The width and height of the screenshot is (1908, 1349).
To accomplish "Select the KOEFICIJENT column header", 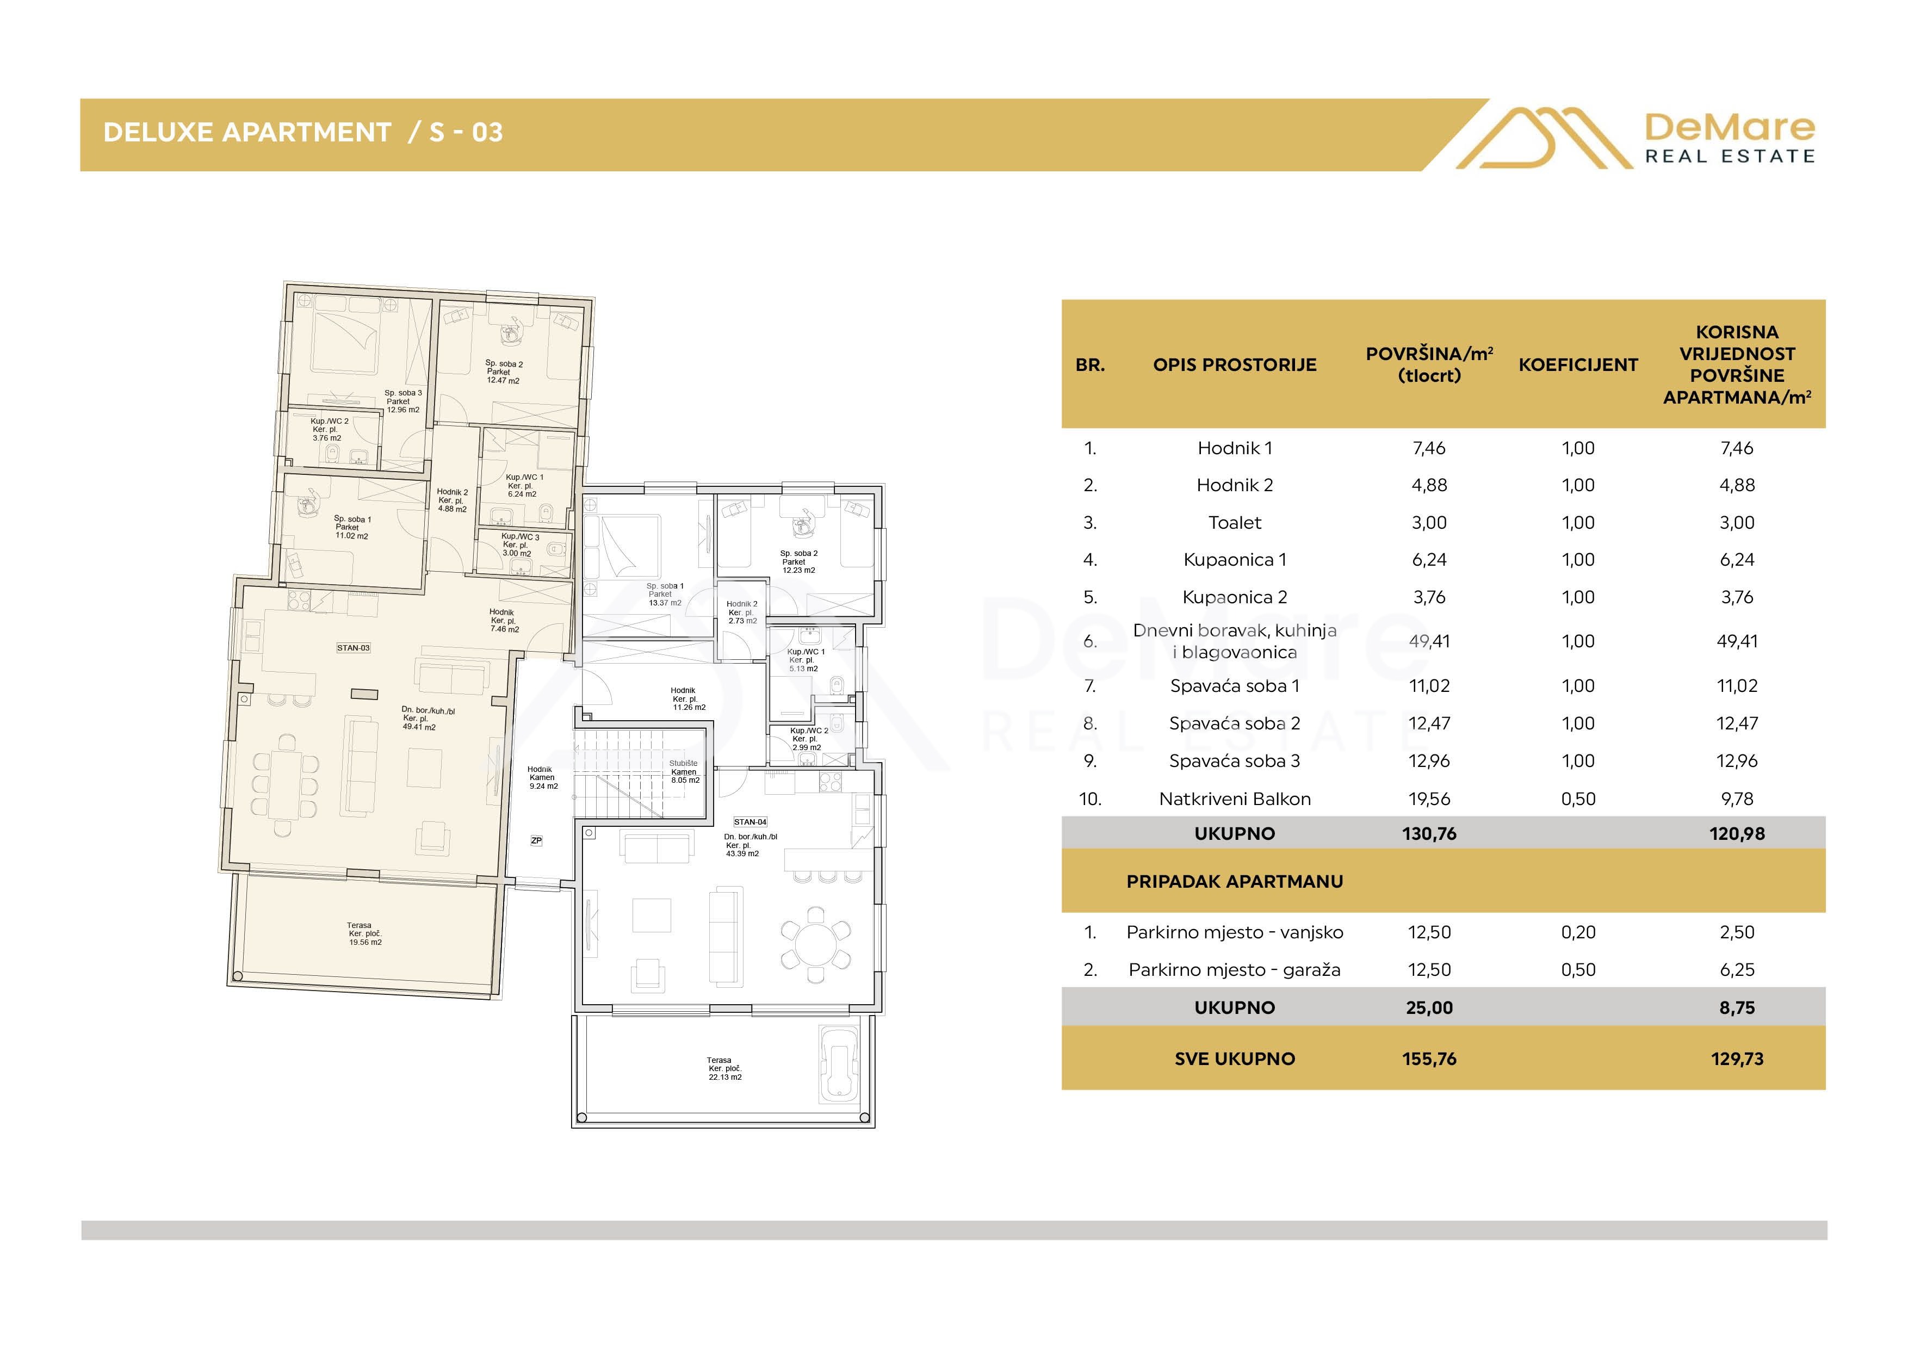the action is (x=1578, y=365).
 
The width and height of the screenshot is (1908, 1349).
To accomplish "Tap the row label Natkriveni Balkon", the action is (x=1235, y=799).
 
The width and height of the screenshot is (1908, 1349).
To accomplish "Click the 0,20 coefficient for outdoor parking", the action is (x=1578, y=932).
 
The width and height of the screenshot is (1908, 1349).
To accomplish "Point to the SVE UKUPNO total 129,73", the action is (x=1737, y=1059).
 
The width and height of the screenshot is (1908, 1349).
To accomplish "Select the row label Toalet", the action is (x=1235, y=523).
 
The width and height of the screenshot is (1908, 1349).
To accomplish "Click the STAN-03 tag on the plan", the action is (x=353, y=647).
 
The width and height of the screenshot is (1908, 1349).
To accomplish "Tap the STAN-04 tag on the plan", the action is (x=751, y=822).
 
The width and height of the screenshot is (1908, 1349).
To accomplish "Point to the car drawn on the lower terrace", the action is (x=839, y=1062).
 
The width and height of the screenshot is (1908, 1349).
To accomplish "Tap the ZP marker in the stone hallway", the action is (x=536, y=840).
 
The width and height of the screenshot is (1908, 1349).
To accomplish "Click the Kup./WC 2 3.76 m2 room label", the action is (x=329, y=430).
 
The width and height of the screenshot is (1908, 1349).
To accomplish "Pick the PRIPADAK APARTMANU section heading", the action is (x=1235, y=882).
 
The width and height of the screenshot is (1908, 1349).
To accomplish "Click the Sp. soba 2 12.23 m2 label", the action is (x=798, y=562).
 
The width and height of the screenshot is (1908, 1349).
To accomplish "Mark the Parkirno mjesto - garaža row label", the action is (x=1235, y=970).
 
